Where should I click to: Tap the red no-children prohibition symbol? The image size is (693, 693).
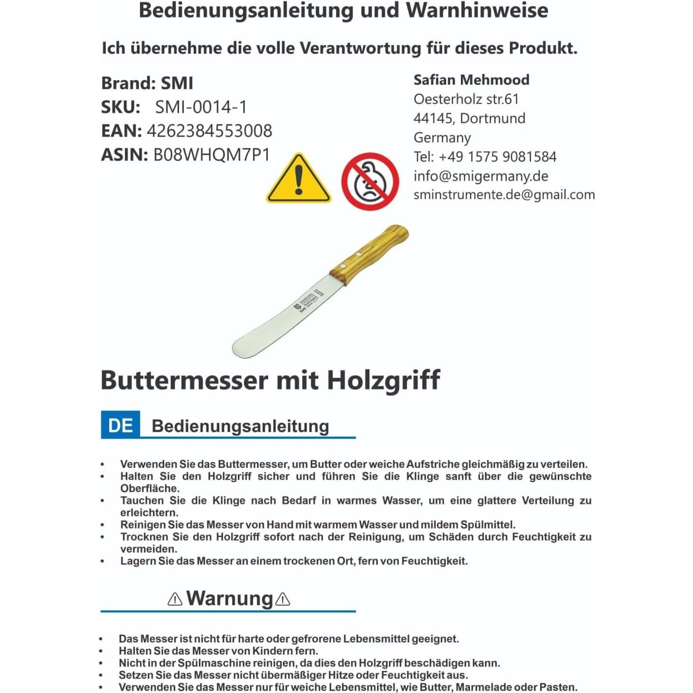[370, 181]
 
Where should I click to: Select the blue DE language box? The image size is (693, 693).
[121, 425]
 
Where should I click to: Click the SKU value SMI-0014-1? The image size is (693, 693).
[201, 107]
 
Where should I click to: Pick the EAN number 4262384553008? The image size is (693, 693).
[209, 131]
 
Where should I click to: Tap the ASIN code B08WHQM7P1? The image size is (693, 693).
[211, 155]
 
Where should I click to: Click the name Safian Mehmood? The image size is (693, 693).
[471, 80]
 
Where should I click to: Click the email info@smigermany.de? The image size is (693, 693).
[481, 176]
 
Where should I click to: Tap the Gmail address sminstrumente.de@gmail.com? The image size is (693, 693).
[504, 195]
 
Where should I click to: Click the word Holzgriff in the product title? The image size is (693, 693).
[384, 381]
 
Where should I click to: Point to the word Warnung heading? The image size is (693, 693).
[230, 599]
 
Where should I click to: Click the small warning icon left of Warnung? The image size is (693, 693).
[175, 599]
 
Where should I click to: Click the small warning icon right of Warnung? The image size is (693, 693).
[283, 599]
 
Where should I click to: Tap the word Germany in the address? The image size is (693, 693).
[442, 138]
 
